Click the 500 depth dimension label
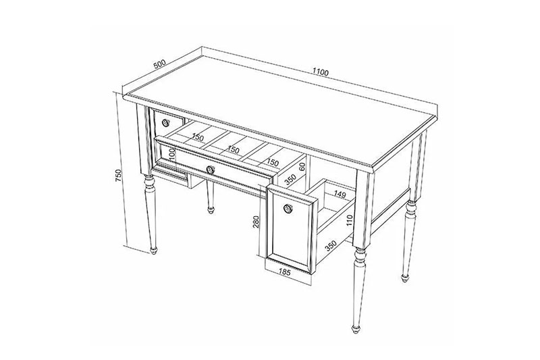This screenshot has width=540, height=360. (159, 64)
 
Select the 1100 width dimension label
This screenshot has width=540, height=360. (321, 72)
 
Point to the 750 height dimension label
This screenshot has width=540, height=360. (119, 176)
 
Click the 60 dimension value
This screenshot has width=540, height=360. (302, 167)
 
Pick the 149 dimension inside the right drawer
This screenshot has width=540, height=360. (340, 195)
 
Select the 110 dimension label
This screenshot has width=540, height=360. (350, 221)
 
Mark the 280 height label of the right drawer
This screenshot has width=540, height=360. (256, 222)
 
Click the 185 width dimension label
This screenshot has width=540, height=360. (285, 272)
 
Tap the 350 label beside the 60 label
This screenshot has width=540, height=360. (290, 180)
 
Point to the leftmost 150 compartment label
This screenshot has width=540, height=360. (198, 137)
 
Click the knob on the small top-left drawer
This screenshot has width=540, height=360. (165, 122)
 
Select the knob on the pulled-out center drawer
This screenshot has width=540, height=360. (211, 170)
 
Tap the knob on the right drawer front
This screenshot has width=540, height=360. (288, 209)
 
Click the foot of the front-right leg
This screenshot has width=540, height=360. (356, 329)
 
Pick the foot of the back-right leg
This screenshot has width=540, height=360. (405, 278)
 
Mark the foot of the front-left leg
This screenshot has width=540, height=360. (154, 251)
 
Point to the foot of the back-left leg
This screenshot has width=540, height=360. (211, 210)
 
